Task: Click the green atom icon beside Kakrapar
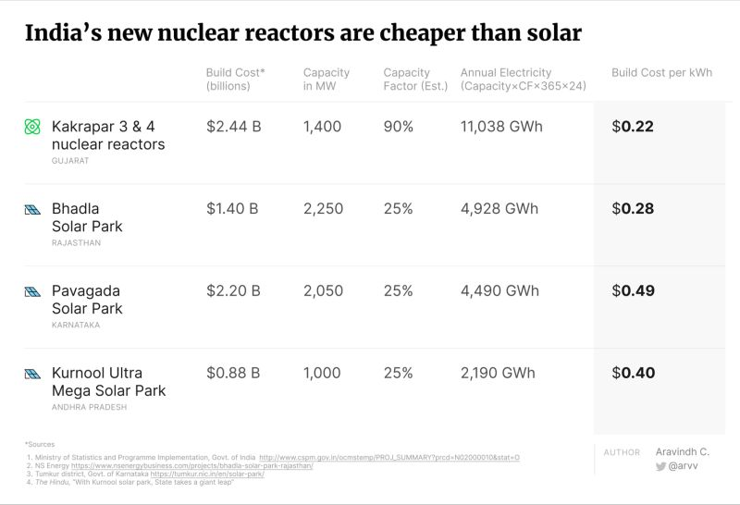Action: tap(33, 127)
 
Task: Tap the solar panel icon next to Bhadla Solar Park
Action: tap(33, 209)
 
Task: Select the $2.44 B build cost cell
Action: tap(233, 127)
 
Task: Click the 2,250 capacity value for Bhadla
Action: tap(323, 209)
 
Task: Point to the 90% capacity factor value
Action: tap(398, 127)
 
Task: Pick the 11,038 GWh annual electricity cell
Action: tap(501, 127)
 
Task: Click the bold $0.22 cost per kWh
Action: tap(633, 127)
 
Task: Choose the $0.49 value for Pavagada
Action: tap(633, 290)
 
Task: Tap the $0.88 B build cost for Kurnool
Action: tap(233, 373)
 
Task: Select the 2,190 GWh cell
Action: tap(498, 373)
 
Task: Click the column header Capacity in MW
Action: tap(327, 80)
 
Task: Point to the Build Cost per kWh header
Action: tap(661, 73)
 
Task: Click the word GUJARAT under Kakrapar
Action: tap(70, 161)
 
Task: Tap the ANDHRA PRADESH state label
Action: tap(90, 407)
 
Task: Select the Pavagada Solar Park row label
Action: tap(87, 299)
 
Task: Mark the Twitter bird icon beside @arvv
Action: tap(660, 467)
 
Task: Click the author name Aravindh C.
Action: tap(683, 451)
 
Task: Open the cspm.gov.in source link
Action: tap(388, 457)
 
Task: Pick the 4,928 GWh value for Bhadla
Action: tap(499, 209)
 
